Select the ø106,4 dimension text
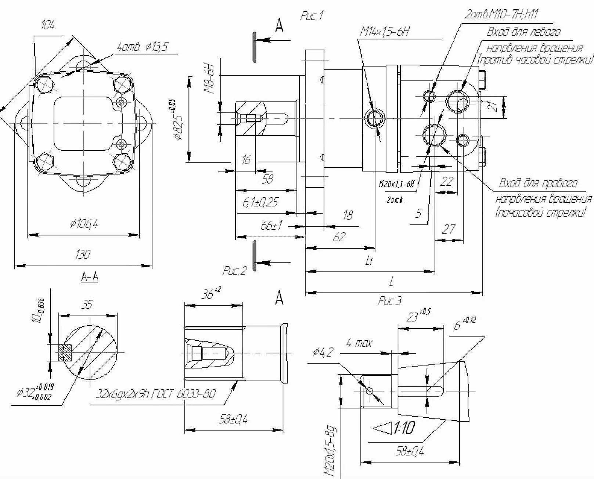point(84,223)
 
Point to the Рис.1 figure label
point(312,16)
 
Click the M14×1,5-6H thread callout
point(384,32)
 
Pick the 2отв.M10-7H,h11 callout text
point(501,14)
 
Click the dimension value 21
point(495,106)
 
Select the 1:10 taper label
point(404,428)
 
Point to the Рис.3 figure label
point(390,301)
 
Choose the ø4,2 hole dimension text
point(323,352)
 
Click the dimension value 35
point(87,305)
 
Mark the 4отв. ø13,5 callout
point(142,47)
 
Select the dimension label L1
point(370,261)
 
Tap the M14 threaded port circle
point(374,118)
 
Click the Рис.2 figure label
point(235,271)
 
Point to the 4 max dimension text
point(359,343)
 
